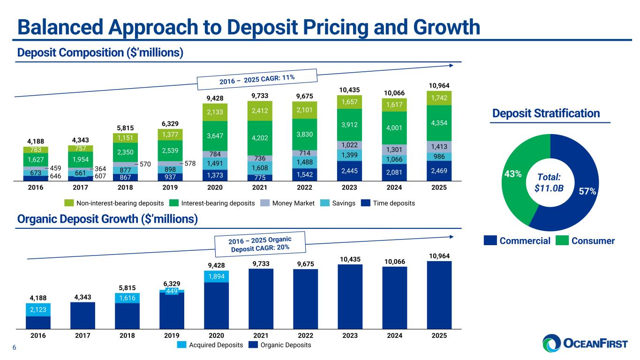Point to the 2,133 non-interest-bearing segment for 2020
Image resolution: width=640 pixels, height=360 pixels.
216,112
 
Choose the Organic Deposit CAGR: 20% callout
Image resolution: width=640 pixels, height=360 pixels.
260,243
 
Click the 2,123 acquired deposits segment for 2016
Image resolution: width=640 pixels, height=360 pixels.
38,309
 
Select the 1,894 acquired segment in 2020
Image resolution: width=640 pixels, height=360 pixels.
216,277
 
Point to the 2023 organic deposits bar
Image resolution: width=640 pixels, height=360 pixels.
350,297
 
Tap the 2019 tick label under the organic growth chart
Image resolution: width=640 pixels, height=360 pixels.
172,336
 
